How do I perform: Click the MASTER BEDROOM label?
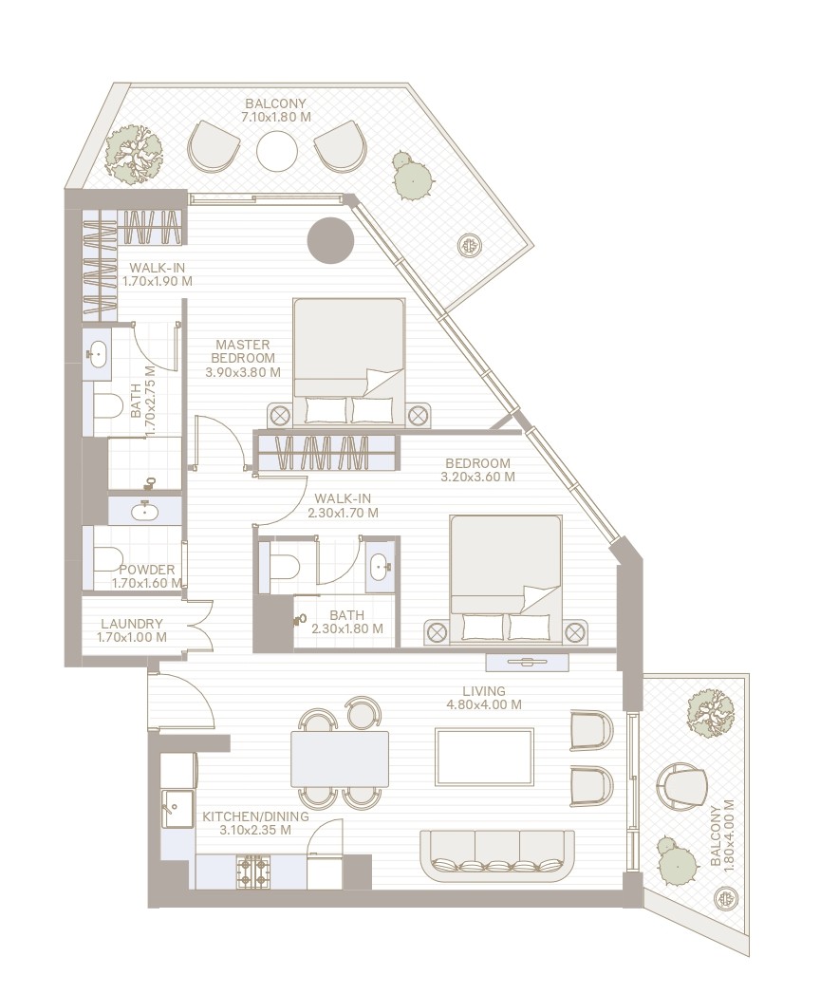pyautogui.click(x=242, y=351)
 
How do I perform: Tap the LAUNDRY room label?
pyautogui.click(x=131, y=624)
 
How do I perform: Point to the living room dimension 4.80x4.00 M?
pyautogui.click(x=484, y=704)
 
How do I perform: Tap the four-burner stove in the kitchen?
pyautogui.click(x=253, y=872)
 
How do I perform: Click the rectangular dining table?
pyautogui.click(x=340, y=758)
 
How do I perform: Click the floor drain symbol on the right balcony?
pyautogui.click(x=727, y=897)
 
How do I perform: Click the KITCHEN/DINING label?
pyautogui.click(x=247, y=822)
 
